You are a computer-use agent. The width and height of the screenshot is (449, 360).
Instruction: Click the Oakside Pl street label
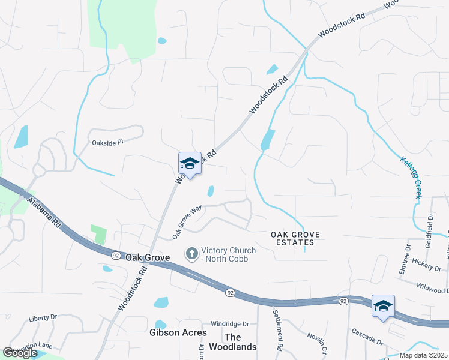click(x=107, y=143)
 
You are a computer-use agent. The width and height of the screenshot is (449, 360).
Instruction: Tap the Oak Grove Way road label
click(x=187, y=223)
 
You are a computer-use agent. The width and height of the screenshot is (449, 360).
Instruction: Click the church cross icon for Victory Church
click(x=192, y=254)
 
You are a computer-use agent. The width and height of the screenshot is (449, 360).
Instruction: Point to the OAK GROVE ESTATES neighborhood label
click(x=292, y=238)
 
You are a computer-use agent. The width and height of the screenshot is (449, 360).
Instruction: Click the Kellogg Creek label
click(x=411, y=177)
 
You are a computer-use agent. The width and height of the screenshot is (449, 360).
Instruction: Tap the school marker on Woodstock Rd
click(x=190, y=164)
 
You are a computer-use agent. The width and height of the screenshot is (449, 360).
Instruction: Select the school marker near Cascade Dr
click(x=383, y=307)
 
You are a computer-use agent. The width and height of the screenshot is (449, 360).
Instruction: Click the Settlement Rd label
click(x=277, y=329)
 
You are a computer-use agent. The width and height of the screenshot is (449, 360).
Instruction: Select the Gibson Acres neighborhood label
click(x=178, y=332)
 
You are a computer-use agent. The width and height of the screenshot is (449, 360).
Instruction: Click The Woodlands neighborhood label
click(x=232, y=342)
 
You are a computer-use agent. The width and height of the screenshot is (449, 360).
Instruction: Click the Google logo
click(x=20, y=353)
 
